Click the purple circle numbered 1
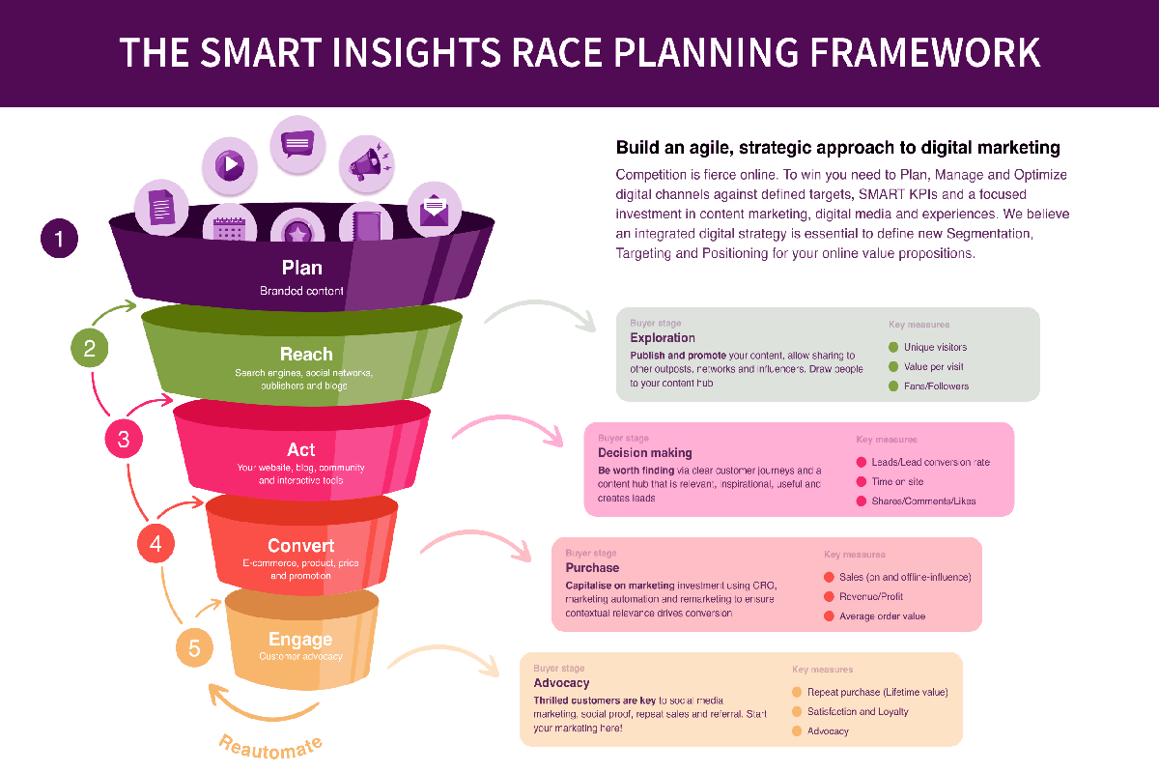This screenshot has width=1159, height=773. coord(59,239)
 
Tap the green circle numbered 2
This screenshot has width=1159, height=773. coord(90,348)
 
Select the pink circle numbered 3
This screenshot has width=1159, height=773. coord(124,440)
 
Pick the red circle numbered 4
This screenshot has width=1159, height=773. coord(155,543)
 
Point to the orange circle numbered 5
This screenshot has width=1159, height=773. coord(194,647)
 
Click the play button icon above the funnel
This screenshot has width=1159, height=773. coord(230,164)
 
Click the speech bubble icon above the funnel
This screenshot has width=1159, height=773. coord(297,143)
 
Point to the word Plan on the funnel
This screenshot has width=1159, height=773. coord(301,268)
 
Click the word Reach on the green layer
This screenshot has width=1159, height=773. coord(306,355)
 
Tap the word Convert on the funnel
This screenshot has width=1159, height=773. coord(301,546)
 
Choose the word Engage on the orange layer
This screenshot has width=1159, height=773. coord(300,640)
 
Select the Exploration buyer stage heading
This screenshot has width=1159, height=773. coord(663,338)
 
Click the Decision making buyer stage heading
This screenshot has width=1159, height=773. coord(645,452)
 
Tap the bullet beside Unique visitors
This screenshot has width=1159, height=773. coord(893,347)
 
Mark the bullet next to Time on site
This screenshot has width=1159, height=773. coord(862,481)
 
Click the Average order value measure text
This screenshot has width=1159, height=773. coord(882,616)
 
